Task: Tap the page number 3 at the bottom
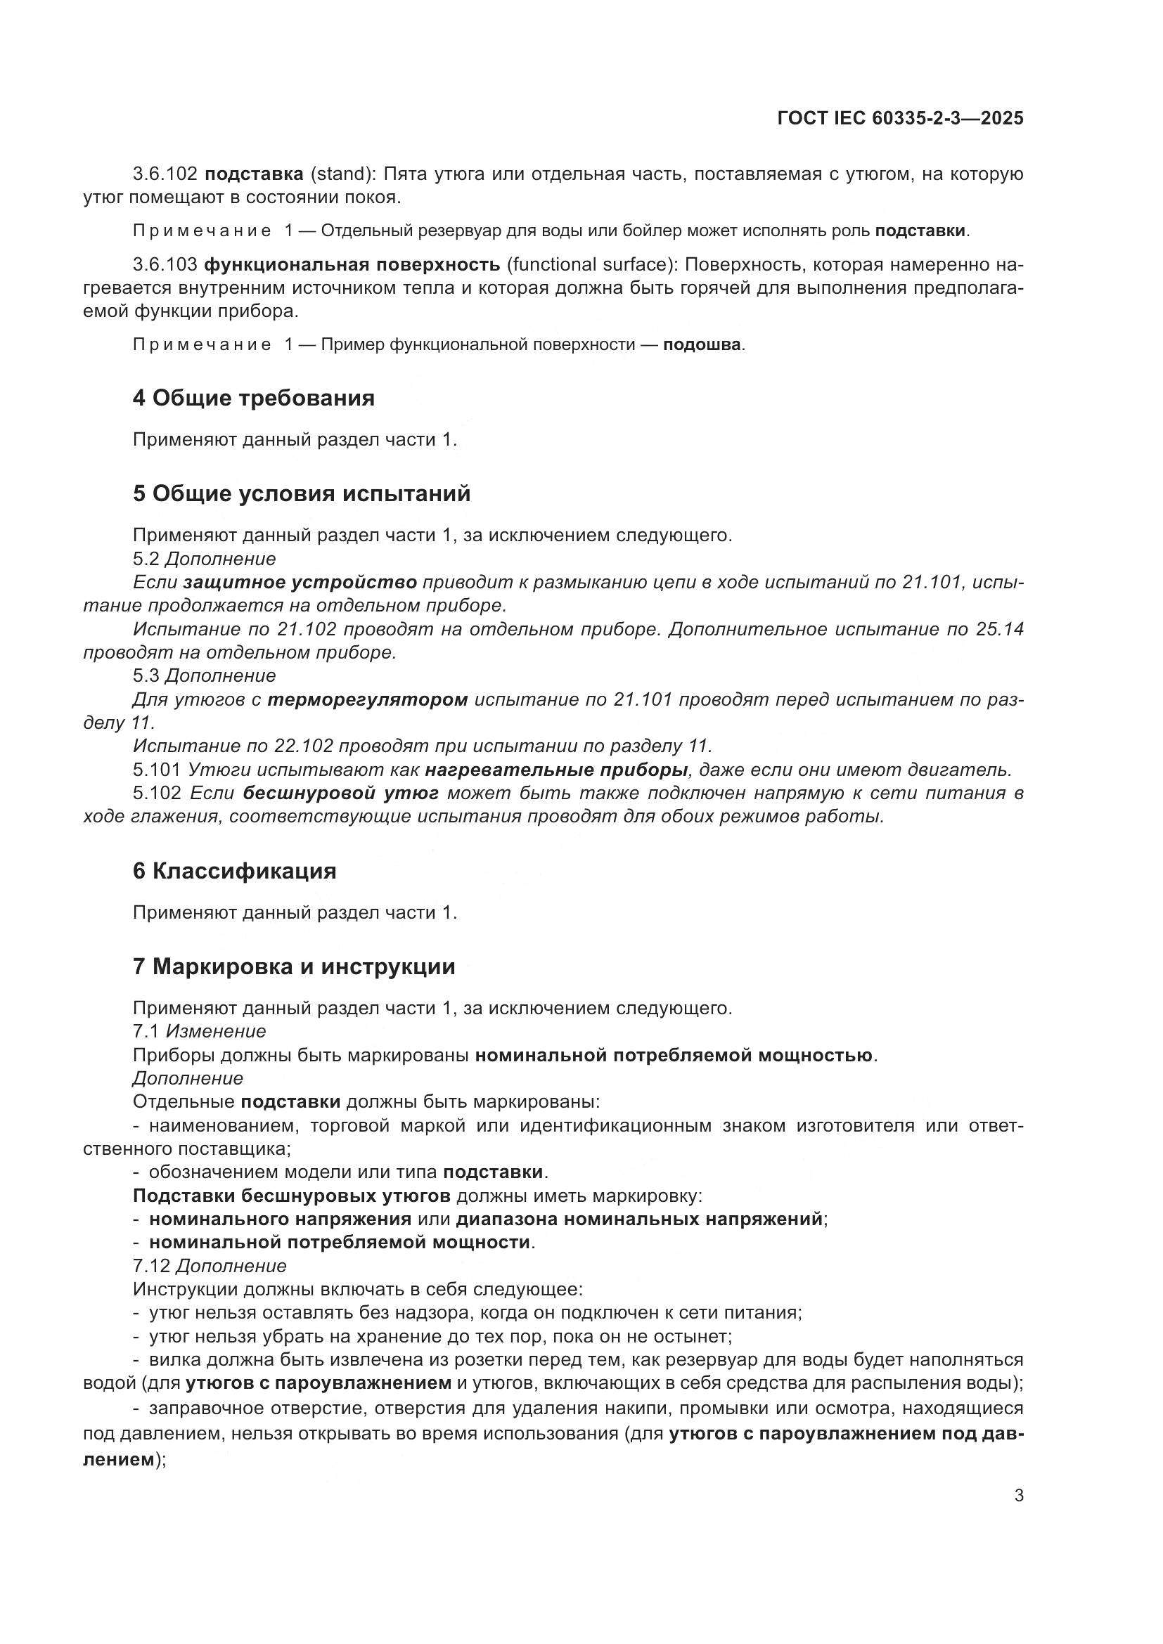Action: (1018, 1496)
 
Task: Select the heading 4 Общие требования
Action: (254, 398)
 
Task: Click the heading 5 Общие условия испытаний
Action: (302, 494)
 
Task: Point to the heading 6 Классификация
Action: (234, 872)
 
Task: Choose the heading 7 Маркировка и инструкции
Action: (294, 966)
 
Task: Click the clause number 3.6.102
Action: (165, 174)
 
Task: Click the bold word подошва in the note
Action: (701, 345)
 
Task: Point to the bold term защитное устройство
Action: (300, 583)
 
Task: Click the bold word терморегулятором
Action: (367, 699)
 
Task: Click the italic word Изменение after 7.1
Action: (217, 1031)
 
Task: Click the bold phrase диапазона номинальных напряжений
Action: (638, 1219)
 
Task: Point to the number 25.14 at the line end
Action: (999, 629)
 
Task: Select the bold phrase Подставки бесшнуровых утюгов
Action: (292, 1196)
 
